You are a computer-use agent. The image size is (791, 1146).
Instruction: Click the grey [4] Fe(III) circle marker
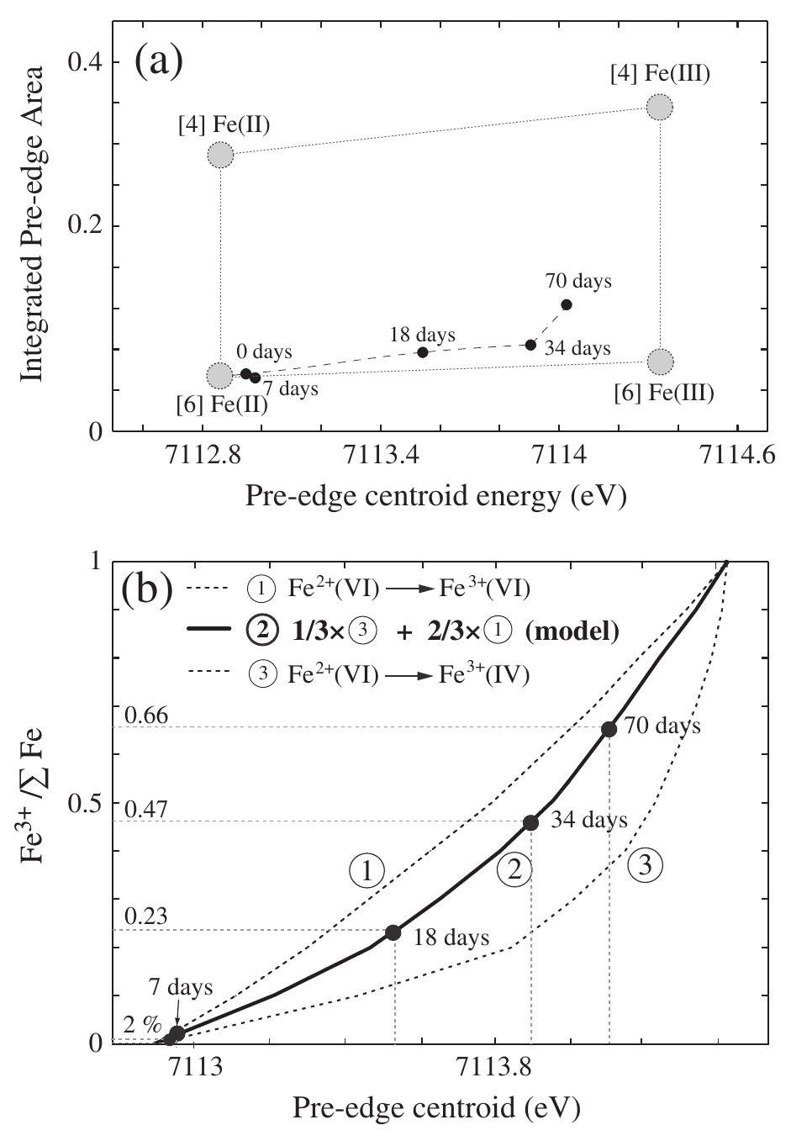pos(660,107)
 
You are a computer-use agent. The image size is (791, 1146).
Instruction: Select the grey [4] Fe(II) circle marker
pos(220,155)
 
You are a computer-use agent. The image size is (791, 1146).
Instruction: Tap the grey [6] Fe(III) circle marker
pos(661,362)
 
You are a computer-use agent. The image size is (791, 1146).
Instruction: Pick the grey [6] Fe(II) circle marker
pos(219,375)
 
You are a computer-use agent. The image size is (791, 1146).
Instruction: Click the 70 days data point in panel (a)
pos(567,304)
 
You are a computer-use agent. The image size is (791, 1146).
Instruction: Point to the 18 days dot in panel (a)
pos(423,352)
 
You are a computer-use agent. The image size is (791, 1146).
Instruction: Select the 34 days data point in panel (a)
pos(530,345)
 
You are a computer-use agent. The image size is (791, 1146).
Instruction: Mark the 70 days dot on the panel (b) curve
pos(609,729)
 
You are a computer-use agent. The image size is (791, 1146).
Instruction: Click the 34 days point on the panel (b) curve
pos(530,823)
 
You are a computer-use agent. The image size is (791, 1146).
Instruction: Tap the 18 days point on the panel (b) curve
pos(393,932)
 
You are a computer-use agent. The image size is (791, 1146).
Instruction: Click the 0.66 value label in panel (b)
pos(146,716)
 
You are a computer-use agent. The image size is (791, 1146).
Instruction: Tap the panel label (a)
pos(159,60)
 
